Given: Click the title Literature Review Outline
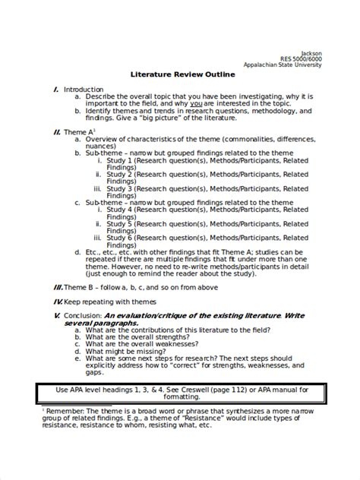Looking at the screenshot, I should pyautogui.click(x=179, y=76).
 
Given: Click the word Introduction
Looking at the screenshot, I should pyautogui.click(x=83, y=90).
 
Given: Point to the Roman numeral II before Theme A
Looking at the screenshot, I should pyautogui.click(x=57, y=131).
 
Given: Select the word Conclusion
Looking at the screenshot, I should pyautogui.click(x=83, y=314).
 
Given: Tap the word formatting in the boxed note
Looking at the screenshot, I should pyautogui.click(x=180, y=397).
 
